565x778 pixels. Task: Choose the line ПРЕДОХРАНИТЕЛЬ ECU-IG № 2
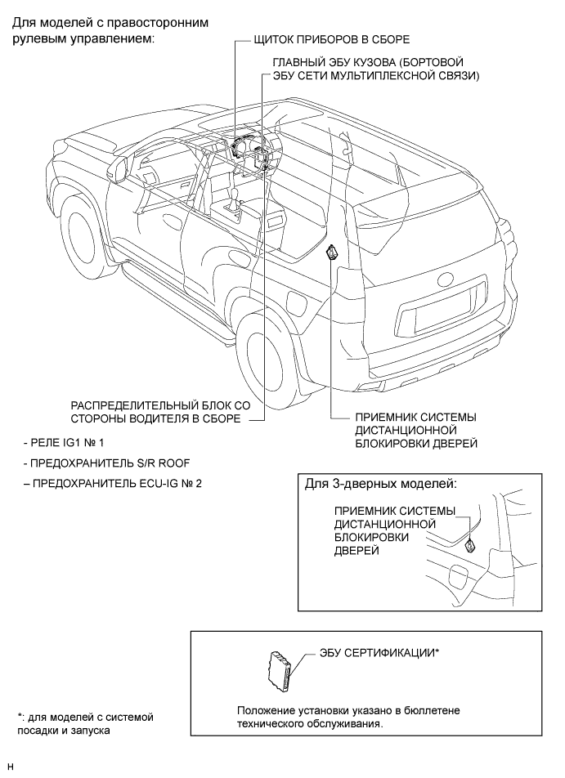click(x=114, y=483)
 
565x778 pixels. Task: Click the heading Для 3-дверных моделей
click(x=380, y=483)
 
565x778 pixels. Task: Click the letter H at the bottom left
click(x=10, y=767)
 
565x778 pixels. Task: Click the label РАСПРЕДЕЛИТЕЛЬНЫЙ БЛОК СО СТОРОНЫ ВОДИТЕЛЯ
click(x=155, y=412)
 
